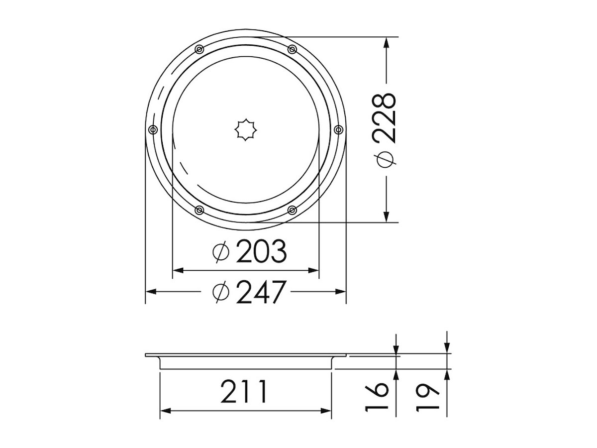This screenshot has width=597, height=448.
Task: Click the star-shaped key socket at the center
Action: pyautogui.click(x=246, y=130)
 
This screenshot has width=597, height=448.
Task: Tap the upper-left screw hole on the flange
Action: pyautogui.click(x=199, y=49)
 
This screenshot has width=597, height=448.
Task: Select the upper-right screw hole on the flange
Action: pyautogui.click(x=292, y=49)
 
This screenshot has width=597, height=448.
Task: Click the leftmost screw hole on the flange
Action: pyautogui.click(x=153, y=129)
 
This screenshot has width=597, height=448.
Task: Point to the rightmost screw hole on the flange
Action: pyautogui.click(x=338, y=129)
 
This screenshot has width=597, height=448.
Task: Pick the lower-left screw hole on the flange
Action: pyautogui.click(x=199, y=210)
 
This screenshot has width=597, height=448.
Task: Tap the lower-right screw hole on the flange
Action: pyautogui.click(x=292, y=210)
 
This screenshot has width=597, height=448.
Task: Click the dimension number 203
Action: pyautogui.click(x=261, y=251)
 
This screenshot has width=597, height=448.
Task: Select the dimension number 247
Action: pyautogui.click(x=261, y=292)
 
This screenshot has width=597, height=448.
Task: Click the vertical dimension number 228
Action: pyautogui.click(x=384, y=118)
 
